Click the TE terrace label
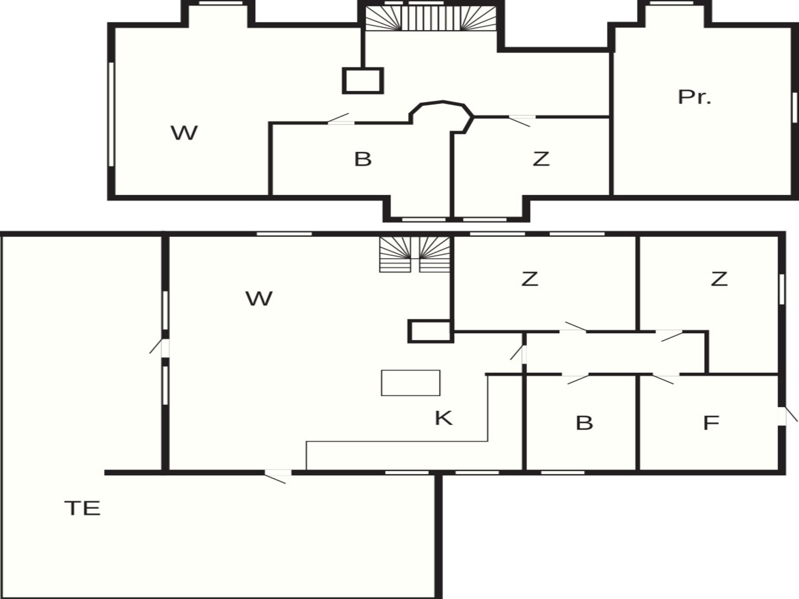coord(82,508)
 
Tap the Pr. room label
coord(695,97)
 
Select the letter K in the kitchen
coord(443,418)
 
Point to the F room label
coord(711,423)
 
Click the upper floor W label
coord(184,133)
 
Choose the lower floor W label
coord(259,299)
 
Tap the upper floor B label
coord(363,159)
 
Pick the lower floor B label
coord(584,423)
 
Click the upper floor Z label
coord(541,159)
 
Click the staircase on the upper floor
coord(431,18)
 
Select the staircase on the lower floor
coord(415,254)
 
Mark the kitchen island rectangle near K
coord(411,383)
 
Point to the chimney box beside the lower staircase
coord(430,331)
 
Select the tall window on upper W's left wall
coord(111,114)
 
